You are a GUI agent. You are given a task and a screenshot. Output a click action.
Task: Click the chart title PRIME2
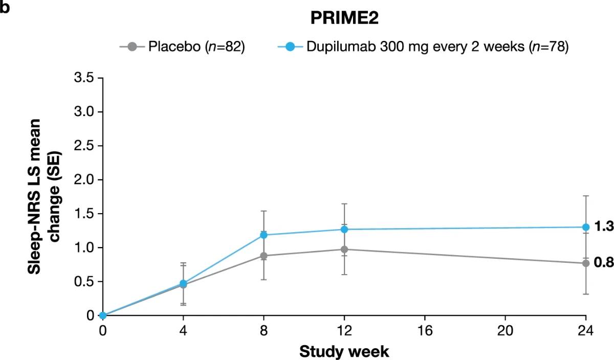point(343,19)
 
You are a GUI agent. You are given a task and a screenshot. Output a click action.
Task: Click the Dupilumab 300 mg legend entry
point(423,47)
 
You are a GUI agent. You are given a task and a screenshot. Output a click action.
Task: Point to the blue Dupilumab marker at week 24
point(585,227)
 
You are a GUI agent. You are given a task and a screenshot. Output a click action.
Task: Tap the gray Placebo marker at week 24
point(585,263)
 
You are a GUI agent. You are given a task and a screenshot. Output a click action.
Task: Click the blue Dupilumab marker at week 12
point(344,230)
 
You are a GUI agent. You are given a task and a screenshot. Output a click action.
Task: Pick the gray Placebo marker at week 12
point(344,250)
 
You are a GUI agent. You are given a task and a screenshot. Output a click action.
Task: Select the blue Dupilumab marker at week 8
point(264,235)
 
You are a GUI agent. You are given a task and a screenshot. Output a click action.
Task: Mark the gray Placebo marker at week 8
point(264,256)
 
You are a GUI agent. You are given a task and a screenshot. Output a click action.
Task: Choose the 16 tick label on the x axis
point(425,330)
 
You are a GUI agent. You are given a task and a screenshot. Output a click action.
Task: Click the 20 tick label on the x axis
point(505,330)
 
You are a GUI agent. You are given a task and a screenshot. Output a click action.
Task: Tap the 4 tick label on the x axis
point(184,330)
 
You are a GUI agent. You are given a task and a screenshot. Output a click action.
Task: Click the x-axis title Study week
point(344,352)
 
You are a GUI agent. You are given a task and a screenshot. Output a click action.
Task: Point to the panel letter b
point(6,7)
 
